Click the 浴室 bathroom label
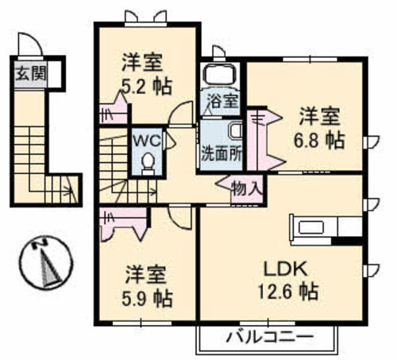click(222, 101)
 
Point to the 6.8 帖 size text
click(321, 140)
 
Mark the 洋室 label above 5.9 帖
click(148, 275)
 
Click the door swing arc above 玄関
click(26, 44)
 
